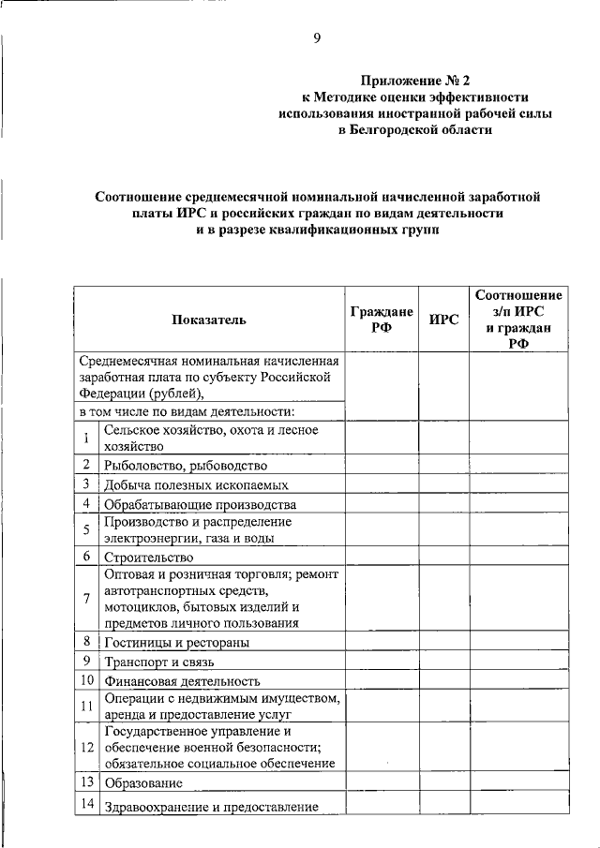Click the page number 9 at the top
(317, 37)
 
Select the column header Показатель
(209, 320)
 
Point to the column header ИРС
(443, 320)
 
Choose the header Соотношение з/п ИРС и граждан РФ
(518, 319)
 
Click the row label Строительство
(148, 557)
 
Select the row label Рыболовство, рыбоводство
(186, 465)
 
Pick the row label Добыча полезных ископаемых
(196, 485)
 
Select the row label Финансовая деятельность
(182, 682)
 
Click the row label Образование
(143, 783)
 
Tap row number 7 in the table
(85, 597)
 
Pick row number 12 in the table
(86, 747)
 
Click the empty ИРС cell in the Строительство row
(443, 556)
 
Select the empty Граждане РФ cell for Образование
(382, 782)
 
